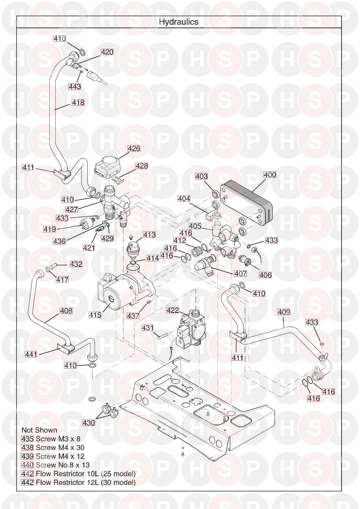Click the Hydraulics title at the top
pyautogui.click(x=178, y=22)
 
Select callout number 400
pyautogui.click(x=270, y=174)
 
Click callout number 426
pyautogui.click(x=134, y=148)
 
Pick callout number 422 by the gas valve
pyautogui.click(x=172, y=310)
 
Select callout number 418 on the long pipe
pyautogui.click(x=78, y=102)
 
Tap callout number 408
pyautogui.click(x=66, y=310)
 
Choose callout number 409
pyautogui.click(x=284, y=312)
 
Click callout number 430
pyautogui.click(x=88, y=423)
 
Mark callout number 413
pyautogui.click(x=149, y=234)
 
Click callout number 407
pyautogui.click(x=240, y=274)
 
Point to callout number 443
pyautogui.click(x=75, y=86)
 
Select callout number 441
pyautogui.click(x=31, y=354)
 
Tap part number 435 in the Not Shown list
pyautogui.click(x=27, y=439)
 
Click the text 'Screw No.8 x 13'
pyautogui.click(x=62, y=465)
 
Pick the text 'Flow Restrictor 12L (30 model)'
pyautogui.click(x=86, y=482)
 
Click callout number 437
pyautogui.click(x=133, y=316)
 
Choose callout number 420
pyautogui.click(x=107, y=52)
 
